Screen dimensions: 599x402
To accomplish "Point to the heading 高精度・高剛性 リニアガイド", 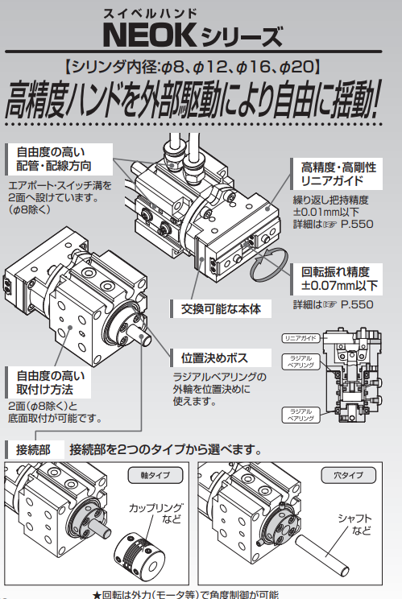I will pos(338,176).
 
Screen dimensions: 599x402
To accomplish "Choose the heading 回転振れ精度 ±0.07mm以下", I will pos(339,279).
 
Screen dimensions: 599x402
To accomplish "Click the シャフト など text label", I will pos(356,523).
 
